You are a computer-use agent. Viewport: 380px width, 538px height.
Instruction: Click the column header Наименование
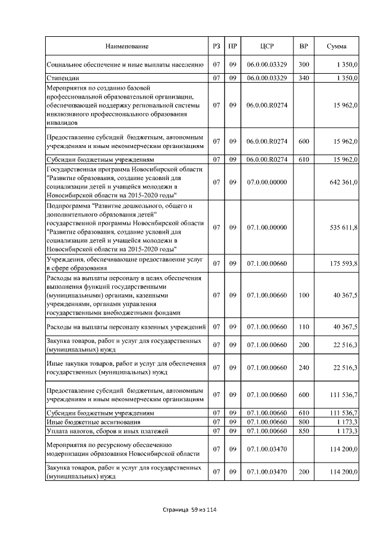coord(127,46)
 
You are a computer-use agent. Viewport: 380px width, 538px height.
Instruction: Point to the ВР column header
coord(304,46)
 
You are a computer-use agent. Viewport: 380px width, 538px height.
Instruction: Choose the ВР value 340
coord(304,78)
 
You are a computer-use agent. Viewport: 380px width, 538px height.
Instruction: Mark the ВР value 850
coord(304,430)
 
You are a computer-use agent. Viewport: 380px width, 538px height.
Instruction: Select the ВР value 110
coord(304,326)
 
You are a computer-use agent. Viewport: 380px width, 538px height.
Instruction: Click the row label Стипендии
coord(64,78)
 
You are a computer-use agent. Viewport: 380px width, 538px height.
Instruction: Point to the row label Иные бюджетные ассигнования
coord(88,421)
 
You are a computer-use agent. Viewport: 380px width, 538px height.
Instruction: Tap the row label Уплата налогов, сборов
coord(96,430)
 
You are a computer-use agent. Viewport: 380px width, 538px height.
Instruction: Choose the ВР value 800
coord(304,421)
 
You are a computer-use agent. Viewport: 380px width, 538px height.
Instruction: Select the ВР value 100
coord(304,295)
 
